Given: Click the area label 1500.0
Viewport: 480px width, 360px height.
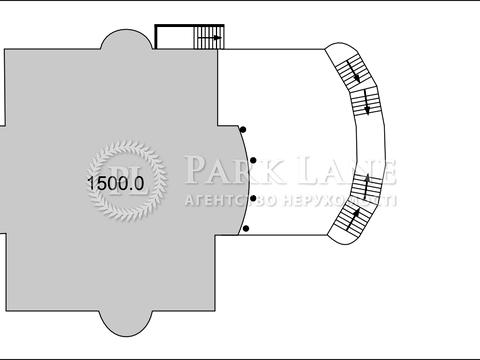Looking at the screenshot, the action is click(115, 183).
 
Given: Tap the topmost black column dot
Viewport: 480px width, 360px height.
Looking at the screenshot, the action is click(244, 129).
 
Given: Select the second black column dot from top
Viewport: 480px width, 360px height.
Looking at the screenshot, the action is click(253, 160).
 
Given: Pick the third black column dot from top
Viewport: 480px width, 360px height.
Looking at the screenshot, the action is click(253, 198).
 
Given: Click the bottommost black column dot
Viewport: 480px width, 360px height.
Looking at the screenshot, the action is click(246, 228).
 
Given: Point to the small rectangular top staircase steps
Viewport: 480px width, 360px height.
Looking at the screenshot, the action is click(209, 37).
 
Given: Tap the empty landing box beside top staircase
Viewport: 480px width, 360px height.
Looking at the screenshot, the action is click(174, 37).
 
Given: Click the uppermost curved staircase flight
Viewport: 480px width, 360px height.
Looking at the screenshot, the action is click(351, 70).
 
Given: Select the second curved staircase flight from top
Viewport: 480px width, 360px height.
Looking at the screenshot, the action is click(365, 101).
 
